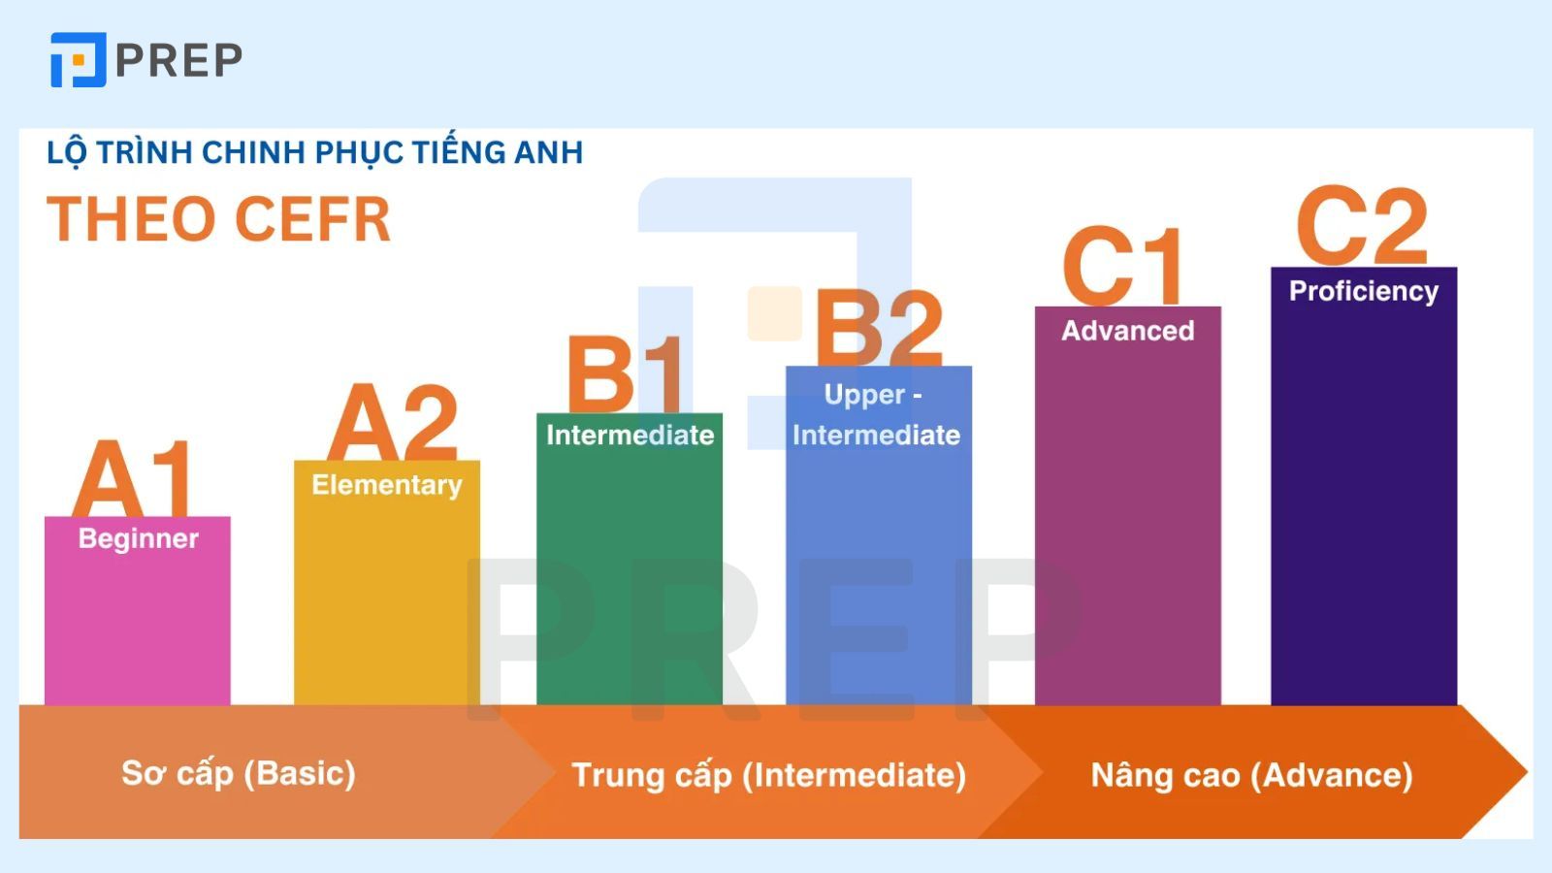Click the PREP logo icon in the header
pos(78,60)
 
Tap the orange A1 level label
pos(133,479)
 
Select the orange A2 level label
pos(393,423)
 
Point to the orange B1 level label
pos(626,373)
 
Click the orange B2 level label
pos(879,328)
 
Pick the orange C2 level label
pos(1362,225)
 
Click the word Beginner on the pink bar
pos(139,538)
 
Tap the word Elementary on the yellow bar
pos(387,485)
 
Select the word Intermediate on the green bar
pos(630,435)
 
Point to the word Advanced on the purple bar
pos(1127,331)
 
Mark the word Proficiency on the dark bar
pos(1363,291)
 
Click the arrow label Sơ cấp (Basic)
pos(239,773)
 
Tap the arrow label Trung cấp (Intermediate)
pos(768,775)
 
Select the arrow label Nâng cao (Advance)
pos(1251,775)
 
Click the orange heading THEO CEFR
pos(219,219)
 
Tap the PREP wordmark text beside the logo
pos(178,60)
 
